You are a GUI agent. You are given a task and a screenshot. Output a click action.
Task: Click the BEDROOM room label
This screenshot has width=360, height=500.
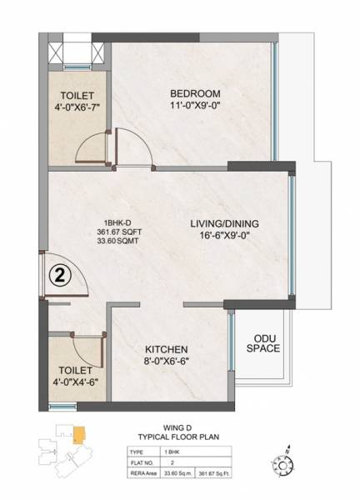(x=194, y=92)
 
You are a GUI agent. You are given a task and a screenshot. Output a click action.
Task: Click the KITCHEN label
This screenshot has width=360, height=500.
(x=166, y=349)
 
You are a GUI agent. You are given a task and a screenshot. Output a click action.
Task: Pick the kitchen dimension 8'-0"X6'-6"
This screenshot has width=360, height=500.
(x=166, y=362)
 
